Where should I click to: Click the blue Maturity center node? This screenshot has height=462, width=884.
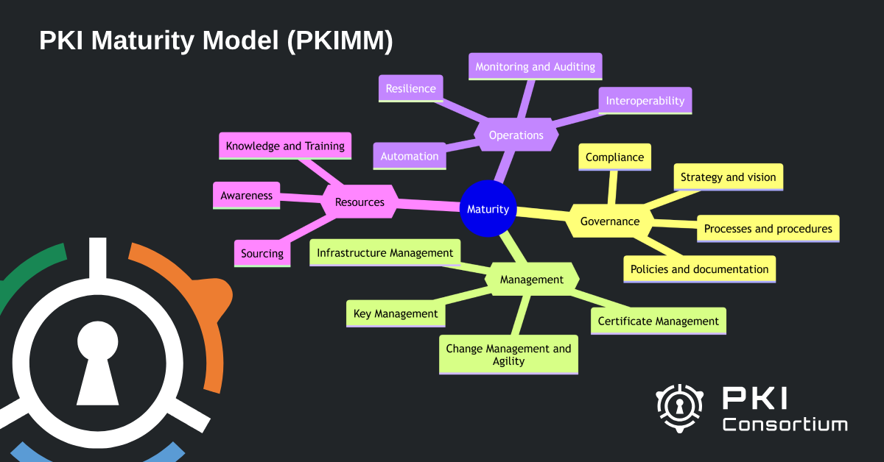pyautogui.click(x=488, y=209)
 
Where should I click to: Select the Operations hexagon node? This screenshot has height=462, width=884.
pyautogui.click(x=516, y=135)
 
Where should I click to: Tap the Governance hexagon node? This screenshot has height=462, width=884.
pyautogui.click(x=609, y=221)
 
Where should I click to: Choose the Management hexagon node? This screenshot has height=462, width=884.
pyautogui.click(x=531, y=280)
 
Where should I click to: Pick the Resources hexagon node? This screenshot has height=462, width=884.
pyautogui.click(x=359, y=202)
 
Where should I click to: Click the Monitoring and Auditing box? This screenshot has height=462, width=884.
pyautogui.click(x=535, y=66)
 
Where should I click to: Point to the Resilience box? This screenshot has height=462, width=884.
pyautogui.click(x=411, y=88)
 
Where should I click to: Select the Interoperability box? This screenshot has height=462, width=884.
pyautogui.click(x=645, y=101)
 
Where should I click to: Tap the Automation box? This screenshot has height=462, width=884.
pyautogui.click(x=410, y=156)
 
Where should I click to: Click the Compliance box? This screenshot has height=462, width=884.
pyautogui.click(x=614, y=157)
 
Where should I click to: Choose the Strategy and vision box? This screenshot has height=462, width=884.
pyautogui.click(x=728, y=177)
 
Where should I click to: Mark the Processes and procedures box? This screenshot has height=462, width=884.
pyautogui.click(x=768, y=229)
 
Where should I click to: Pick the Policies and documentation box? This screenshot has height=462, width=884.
pyautogui.click(x=699, y=269)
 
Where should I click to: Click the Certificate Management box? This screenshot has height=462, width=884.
pyautogui.click(x=658, y=321)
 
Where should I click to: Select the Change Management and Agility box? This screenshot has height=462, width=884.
pyautogui.click(x=508, y=355)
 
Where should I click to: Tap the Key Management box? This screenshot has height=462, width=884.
pyautogui.click(x=396, y=313)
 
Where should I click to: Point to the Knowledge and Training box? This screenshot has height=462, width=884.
pyautogui.click(x=285, y=146)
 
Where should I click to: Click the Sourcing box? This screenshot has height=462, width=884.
pyautogui.click(x=262, y=253)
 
